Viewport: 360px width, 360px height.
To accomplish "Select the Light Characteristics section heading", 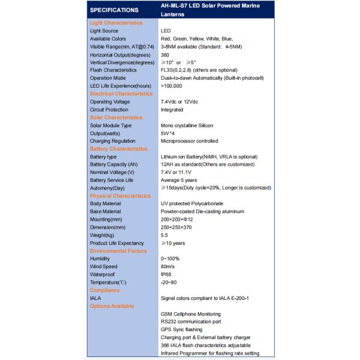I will pos(116,22).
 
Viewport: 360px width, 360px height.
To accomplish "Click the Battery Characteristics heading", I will pos(118,148).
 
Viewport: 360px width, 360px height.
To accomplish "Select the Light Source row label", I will pos(104,30).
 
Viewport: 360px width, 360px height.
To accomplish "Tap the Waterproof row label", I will pos(103,274).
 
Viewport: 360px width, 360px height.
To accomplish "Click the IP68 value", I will pos(167,274).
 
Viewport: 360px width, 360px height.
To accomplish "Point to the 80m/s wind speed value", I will pos(169,266).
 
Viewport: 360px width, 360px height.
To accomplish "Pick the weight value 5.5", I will pos(164,235).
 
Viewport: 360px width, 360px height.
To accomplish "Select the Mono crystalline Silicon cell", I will pos(187,125).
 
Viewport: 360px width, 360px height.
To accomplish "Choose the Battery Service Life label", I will pos(112,180).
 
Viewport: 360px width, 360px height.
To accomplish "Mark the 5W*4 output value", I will pos(167,133).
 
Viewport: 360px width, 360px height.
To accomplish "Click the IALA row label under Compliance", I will pos(96,298).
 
